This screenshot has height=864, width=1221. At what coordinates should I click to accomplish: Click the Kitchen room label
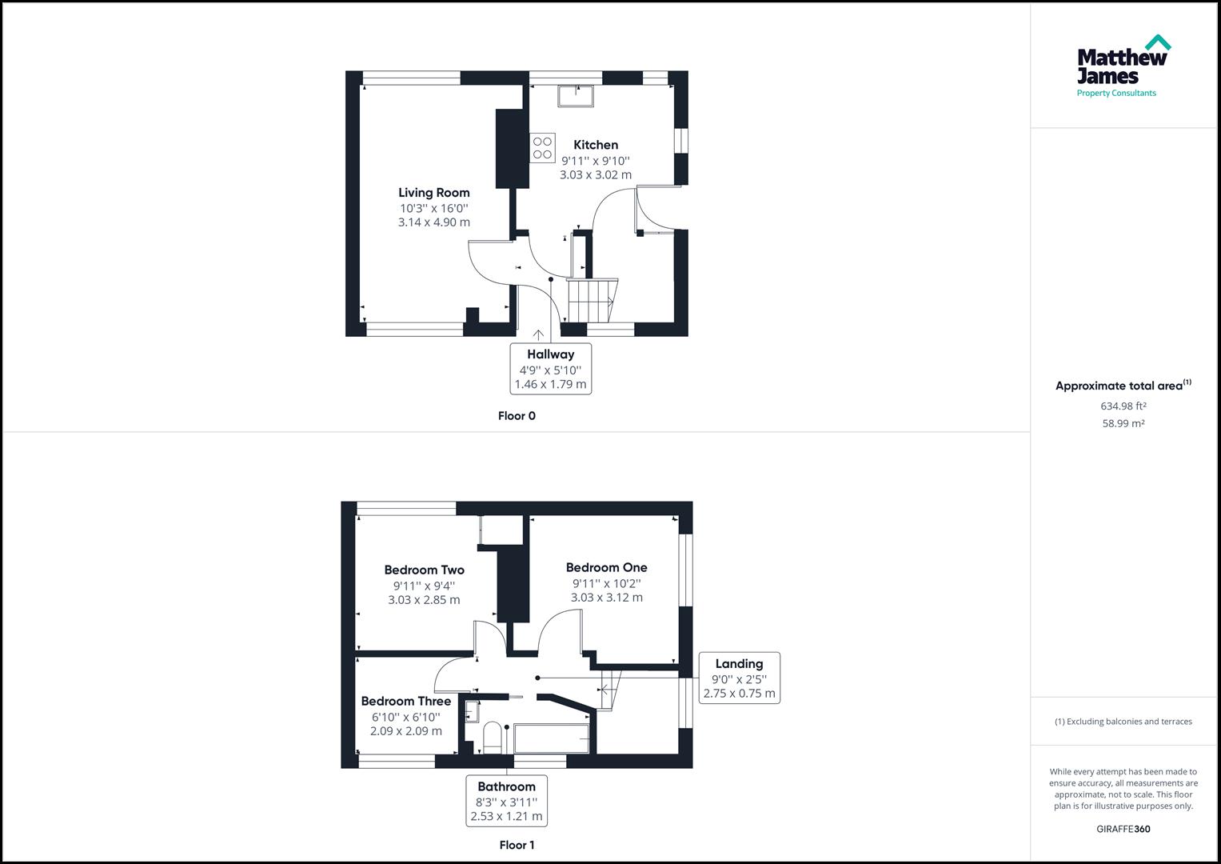pyautogui.click(x=596, y=145)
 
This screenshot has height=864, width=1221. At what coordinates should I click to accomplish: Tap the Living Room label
pyautogui.click(x=434, y=193)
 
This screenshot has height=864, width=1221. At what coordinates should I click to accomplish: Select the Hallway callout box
pyautogui.click(x=550, y=369)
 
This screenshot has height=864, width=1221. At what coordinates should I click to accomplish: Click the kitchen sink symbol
pyautogui.click(x=576, y=95)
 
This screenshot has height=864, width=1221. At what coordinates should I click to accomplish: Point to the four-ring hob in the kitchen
pyautogui.click(x=542, y=148)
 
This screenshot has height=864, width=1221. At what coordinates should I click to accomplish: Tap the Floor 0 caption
pyautogui.click(x=517, y=416)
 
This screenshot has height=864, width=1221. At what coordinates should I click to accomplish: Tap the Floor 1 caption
pyautogui.click(x=517, y=845)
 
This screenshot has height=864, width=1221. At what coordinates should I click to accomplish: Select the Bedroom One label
pyautogui.click(x=607, y=568)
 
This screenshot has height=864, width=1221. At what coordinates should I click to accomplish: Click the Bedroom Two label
pyautogui.click(x=424, y=570)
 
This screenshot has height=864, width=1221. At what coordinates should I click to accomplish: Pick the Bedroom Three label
pyautogui.click(x=406, y=702)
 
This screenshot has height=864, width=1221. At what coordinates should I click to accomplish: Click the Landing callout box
pyautogui.click(x=739, y=678)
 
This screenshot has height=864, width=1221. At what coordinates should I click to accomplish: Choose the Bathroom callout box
pyautogui.click(x=506, y=801)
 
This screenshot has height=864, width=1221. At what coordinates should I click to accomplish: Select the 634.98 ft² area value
pyautogui.click(x=1123, y=406)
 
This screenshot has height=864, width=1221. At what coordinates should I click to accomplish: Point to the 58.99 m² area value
pyautogui.click(x=1123, y=424)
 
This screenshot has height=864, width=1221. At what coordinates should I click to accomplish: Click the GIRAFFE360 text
pyautogui.click(x=1123, y=829)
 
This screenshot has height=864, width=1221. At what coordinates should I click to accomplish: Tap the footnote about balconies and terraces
pyautogui.click(x=1123, y=722)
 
